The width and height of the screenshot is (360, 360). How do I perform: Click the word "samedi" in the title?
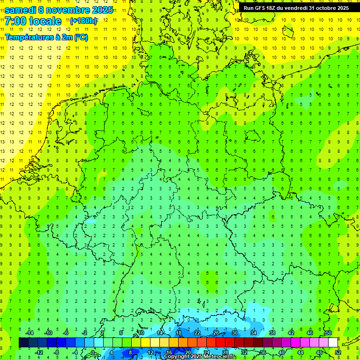pos(21,10)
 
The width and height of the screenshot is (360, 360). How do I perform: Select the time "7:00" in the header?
pos(16,21)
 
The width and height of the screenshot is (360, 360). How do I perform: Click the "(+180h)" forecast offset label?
pos(83,21)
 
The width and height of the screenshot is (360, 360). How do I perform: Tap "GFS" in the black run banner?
pos(262,8)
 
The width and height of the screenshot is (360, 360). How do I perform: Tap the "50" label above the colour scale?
pos(328,333)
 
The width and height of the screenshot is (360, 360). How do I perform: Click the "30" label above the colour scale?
pos(234,333)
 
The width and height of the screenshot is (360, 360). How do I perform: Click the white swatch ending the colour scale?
pos(333,343)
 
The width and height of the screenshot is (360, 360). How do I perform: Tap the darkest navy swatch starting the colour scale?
pos(23,343)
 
